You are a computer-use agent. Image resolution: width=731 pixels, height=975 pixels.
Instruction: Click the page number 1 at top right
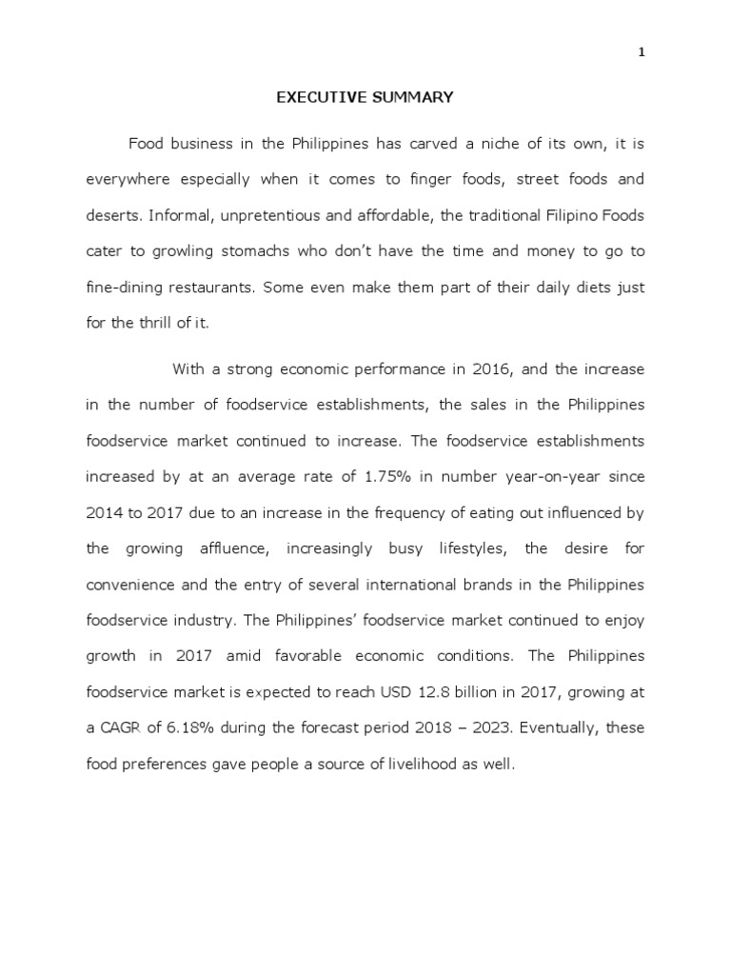point(642,53)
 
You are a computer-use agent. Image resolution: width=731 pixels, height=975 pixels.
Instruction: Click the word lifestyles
point(461,548)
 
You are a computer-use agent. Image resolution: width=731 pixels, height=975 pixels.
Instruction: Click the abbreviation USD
point(405,691)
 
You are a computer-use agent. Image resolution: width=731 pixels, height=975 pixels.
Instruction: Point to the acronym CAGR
point(121,727)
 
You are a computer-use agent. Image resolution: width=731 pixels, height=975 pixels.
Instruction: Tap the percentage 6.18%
point(183,727)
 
